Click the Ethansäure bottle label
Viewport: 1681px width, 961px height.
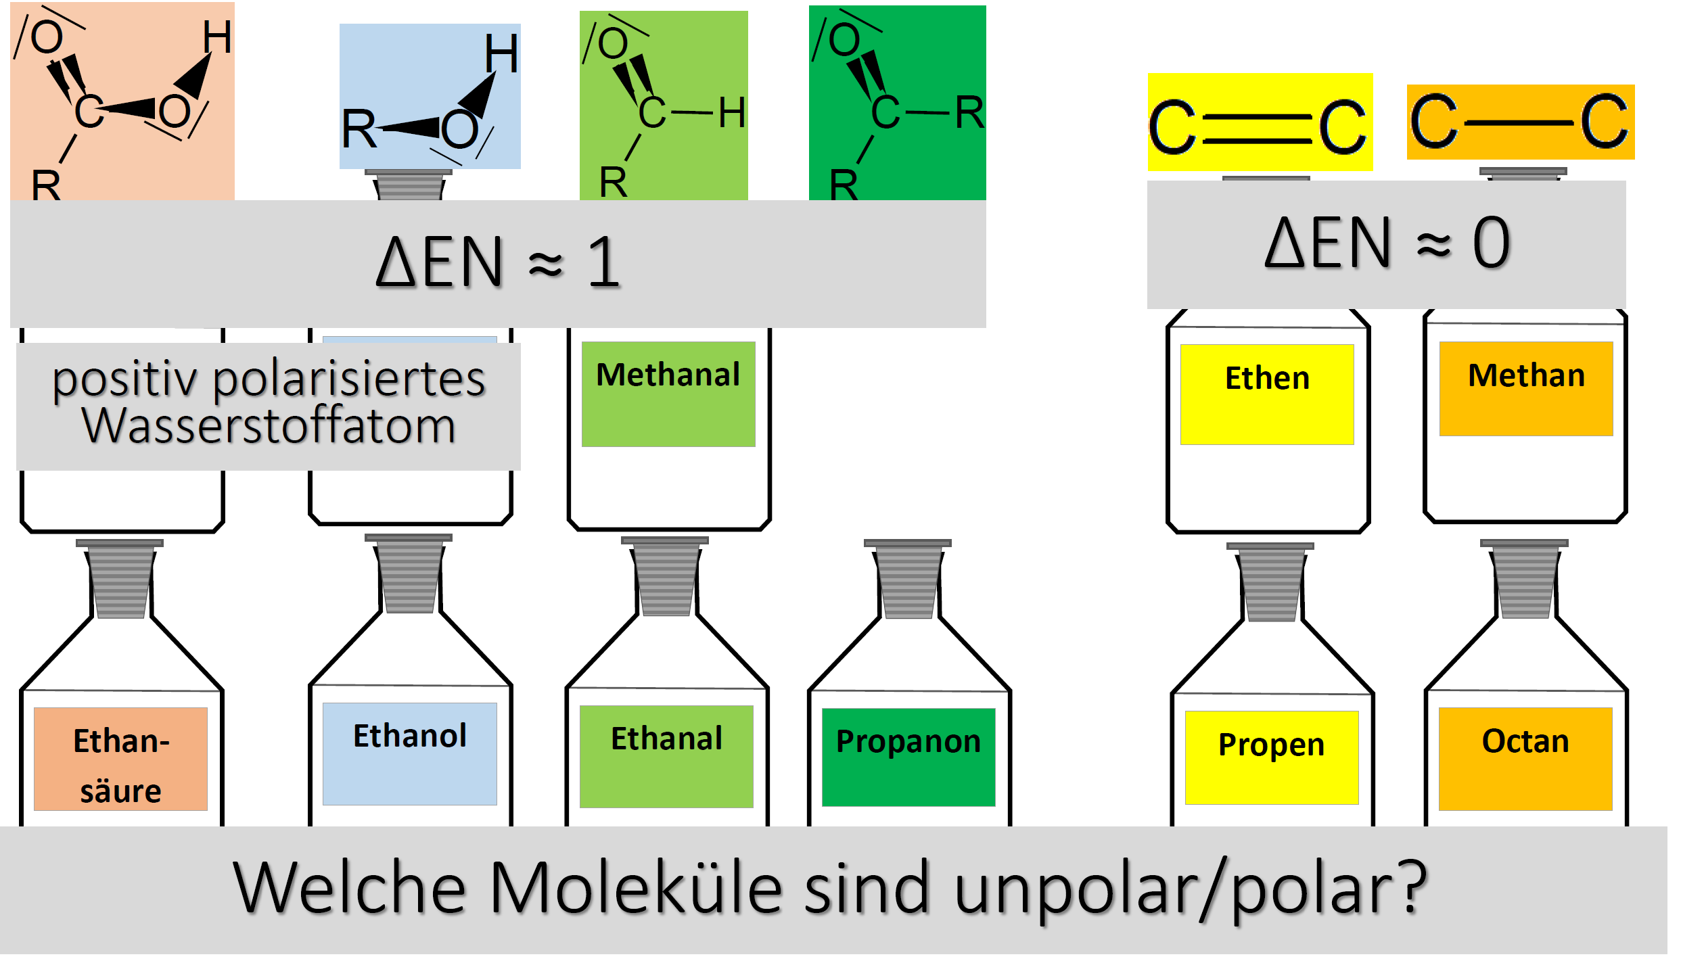pyautogui.click(x=120, y=759)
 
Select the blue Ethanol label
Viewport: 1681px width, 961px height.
pyautogui.click(x=410, y=753)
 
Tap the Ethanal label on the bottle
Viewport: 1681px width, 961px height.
pyautogui.click(x=666, y=756)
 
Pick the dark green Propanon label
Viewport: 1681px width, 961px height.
pyautogui.click(x=908, y=757)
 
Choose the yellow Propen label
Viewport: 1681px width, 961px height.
pyautogui.click(x=1272, y=757)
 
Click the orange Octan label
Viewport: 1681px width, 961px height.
pyautogui.click(x=1525, y=759)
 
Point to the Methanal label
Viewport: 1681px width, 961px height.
pyautogui.click(x=668, y=394)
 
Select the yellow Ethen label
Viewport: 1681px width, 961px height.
pyautogui.click(x=1267, y=394)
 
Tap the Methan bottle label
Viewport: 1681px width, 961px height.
pyautogui.click(x=1526, y=388)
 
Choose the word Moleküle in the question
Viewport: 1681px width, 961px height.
pyautogui.click(x=637, y=887)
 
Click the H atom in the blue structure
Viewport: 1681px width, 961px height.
pyautogui.click(x=501, y=53)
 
